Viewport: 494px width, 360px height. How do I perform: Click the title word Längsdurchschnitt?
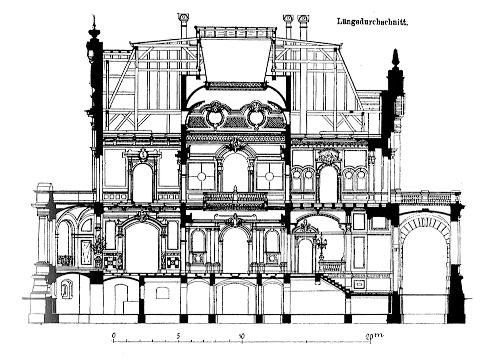(x=372, y=22)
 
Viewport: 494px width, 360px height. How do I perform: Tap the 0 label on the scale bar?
(x=114, y=335)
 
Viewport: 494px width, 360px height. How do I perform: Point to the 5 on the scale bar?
(x=178, y=336)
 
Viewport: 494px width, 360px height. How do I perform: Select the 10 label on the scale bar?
(x=242, y=336)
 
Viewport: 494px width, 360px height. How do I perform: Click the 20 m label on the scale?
(x=375, y=336)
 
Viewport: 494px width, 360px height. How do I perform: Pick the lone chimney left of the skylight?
(x=183, y=26)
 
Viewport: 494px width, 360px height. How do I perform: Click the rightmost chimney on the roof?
(x=304, y=28)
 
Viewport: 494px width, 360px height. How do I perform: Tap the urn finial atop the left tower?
(x=94, y=29)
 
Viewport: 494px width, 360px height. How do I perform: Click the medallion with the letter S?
(x=143, y=155)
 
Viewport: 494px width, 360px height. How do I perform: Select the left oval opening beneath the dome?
(x=214, y=117)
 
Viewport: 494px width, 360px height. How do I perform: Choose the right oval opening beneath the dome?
(x=257, y=117)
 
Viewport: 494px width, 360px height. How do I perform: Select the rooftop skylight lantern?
(x=236, y=33)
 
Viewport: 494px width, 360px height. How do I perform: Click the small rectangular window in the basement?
(x=163, y=293)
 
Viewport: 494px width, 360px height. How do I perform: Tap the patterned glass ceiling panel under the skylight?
(x=235, y=86)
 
